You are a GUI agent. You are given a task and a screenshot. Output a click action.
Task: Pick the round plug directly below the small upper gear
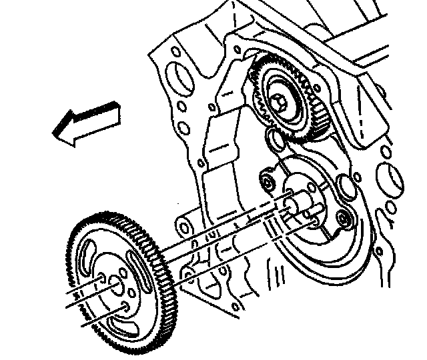pos(274,141)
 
